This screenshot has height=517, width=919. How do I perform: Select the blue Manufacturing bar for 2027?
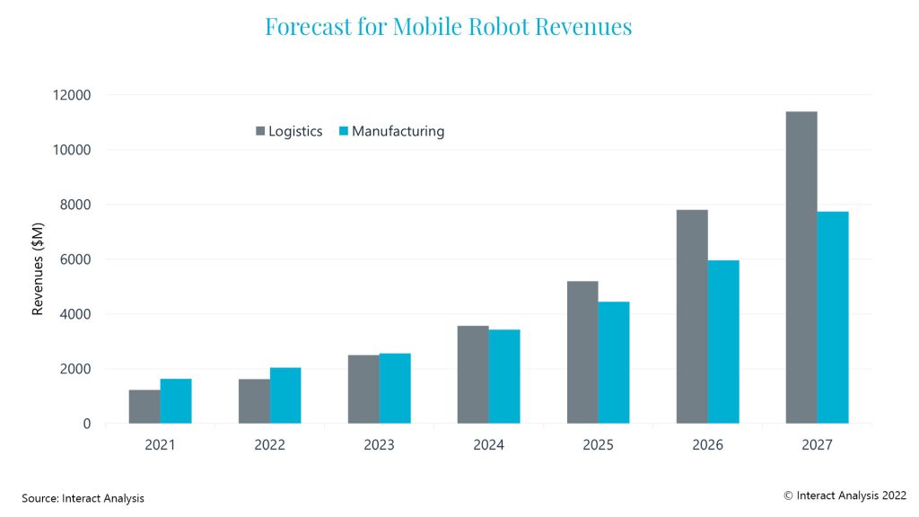click(833, 318)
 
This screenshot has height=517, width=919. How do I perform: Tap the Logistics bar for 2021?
click(144, 407)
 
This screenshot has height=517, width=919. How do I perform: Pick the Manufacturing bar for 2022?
click(285, 396)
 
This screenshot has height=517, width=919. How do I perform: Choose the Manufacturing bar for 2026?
click(723, 342)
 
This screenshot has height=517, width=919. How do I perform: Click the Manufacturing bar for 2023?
click(395, 389)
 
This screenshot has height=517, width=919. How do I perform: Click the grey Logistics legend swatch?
click(260, 132)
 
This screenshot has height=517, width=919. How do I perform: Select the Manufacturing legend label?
click(398, 131)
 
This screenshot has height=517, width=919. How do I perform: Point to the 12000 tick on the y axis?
click(73, 95)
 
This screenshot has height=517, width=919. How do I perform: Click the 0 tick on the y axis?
click(87, 424)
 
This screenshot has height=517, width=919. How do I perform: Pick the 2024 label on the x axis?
click(488, 444)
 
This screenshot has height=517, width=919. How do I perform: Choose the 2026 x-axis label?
click(707, 444)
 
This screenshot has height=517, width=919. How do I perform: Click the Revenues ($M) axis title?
click(39, 259)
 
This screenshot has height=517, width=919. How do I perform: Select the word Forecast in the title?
click(305, 27)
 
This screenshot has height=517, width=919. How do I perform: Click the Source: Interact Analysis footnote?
click(83, 497)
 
